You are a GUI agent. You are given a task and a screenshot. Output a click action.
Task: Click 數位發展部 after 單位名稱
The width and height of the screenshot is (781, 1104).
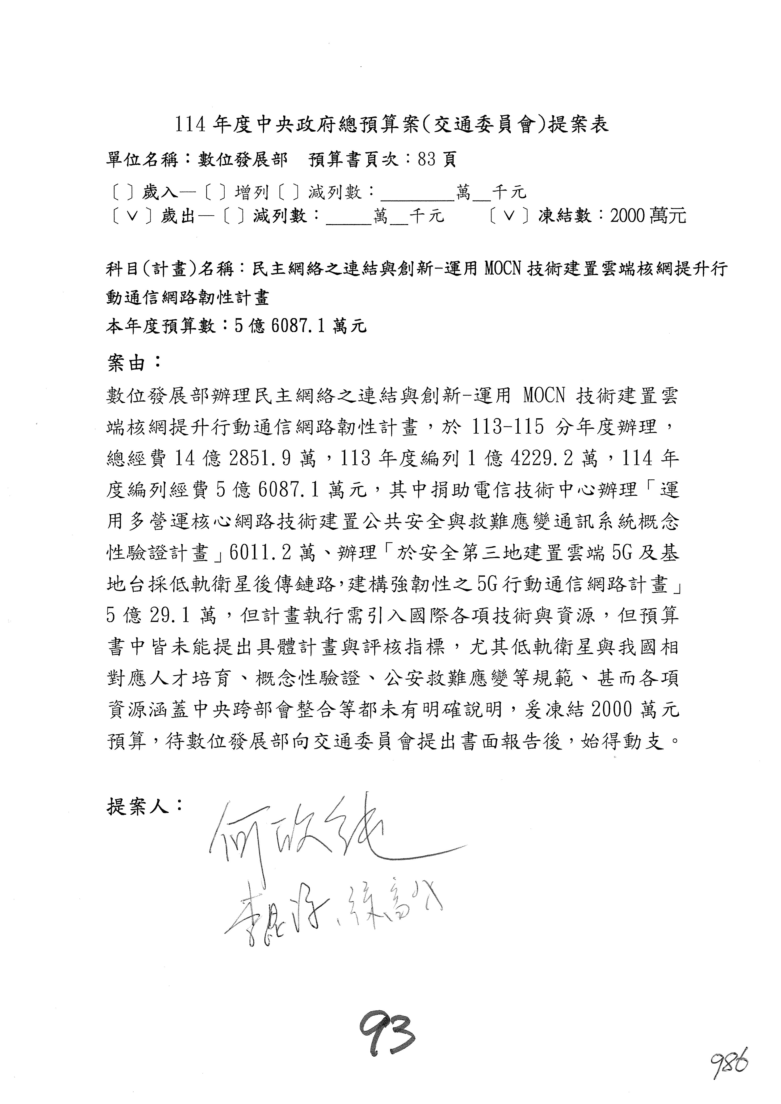point(243,159)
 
